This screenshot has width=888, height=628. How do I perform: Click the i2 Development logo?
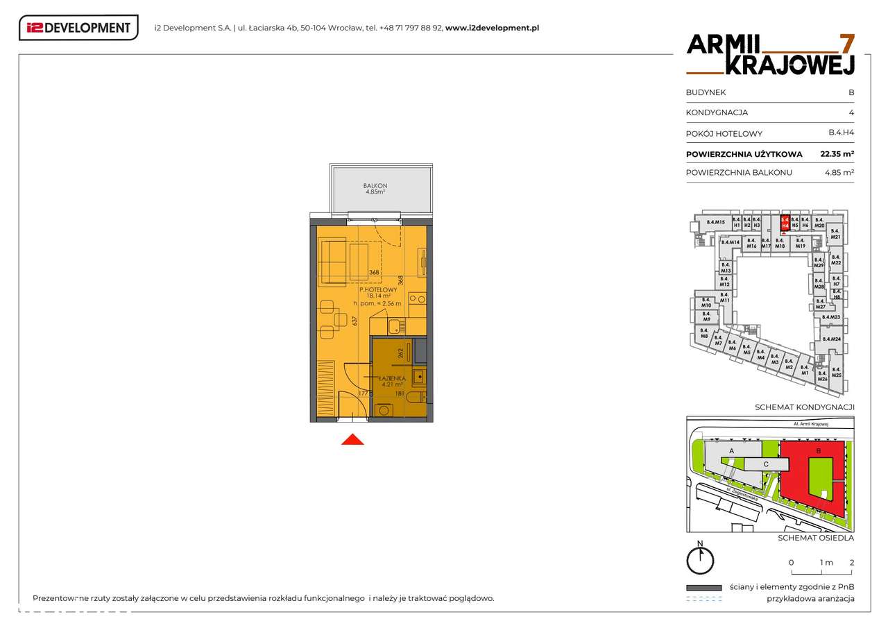tap(78, 28)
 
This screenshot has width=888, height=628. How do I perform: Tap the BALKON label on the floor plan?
tap(375, 186)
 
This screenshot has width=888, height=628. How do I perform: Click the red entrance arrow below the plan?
tap(352, 439)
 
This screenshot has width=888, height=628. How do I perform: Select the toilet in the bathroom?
tap(413, 398)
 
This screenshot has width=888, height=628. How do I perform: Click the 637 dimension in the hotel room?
tap(355, 320)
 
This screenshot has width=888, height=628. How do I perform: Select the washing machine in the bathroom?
tap(383, 410)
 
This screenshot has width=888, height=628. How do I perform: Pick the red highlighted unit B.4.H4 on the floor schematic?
tap(785, 222)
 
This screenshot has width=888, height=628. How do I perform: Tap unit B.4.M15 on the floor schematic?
tap(715, 222)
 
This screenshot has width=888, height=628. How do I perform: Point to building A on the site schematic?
tap(731, 451)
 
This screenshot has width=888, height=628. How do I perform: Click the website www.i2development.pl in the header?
tap(492, 28)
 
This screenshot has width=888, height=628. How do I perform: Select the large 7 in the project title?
tap(846, 43)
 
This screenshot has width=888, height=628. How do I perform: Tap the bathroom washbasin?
tap(418, 377)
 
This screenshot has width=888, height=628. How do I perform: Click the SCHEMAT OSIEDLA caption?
tap(815, 538)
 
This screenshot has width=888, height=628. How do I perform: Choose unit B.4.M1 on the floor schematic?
tap(804, 370)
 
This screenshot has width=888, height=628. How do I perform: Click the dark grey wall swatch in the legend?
tap(703, 587)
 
